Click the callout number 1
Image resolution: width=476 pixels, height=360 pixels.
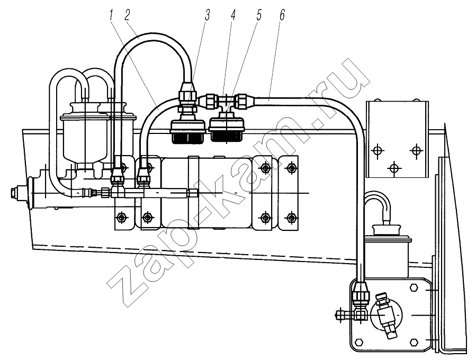[112, 15]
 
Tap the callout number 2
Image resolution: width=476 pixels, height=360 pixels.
[127, 15]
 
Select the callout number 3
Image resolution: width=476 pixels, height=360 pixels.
[208, 15]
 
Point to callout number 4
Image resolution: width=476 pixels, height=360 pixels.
[233, 15]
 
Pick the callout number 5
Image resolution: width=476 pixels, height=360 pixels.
[258, 15]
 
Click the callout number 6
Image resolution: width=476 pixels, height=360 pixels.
[282, 15]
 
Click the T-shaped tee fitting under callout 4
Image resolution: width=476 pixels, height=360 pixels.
[226, 102]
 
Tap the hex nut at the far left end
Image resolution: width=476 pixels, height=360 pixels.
[14, 193]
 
